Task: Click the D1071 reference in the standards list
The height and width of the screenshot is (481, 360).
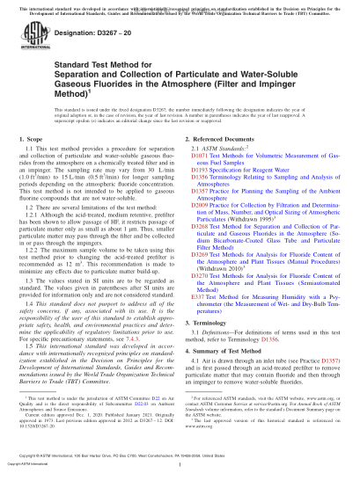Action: (x=202, y=158)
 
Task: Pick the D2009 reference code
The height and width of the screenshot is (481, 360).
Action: (x=202, y=203)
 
